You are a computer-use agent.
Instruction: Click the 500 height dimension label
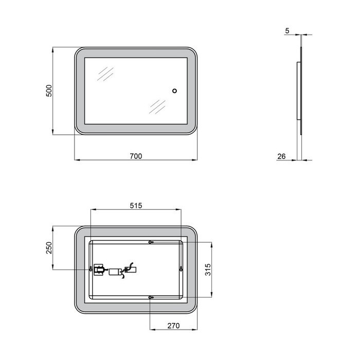[49, 91]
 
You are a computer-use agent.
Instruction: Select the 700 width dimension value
[136, 156]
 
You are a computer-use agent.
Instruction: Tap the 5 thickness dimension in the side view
[287, 30]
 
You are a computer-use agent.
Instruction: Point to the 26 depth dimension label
[281, 156]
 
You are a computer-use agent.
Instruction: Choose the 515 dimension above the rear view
[136, 206]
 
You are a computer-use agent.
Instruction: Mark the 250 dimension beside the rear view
[49, 248]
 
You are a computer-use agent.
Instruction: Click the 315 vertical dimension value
[208, 270]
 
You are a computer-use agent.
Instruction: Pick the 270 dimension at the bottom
[173, 326]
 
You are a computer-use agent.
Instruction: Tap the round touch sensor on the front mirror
[174, 91]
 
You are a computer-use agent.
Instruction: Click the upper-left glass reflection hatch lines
[105, 74]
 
